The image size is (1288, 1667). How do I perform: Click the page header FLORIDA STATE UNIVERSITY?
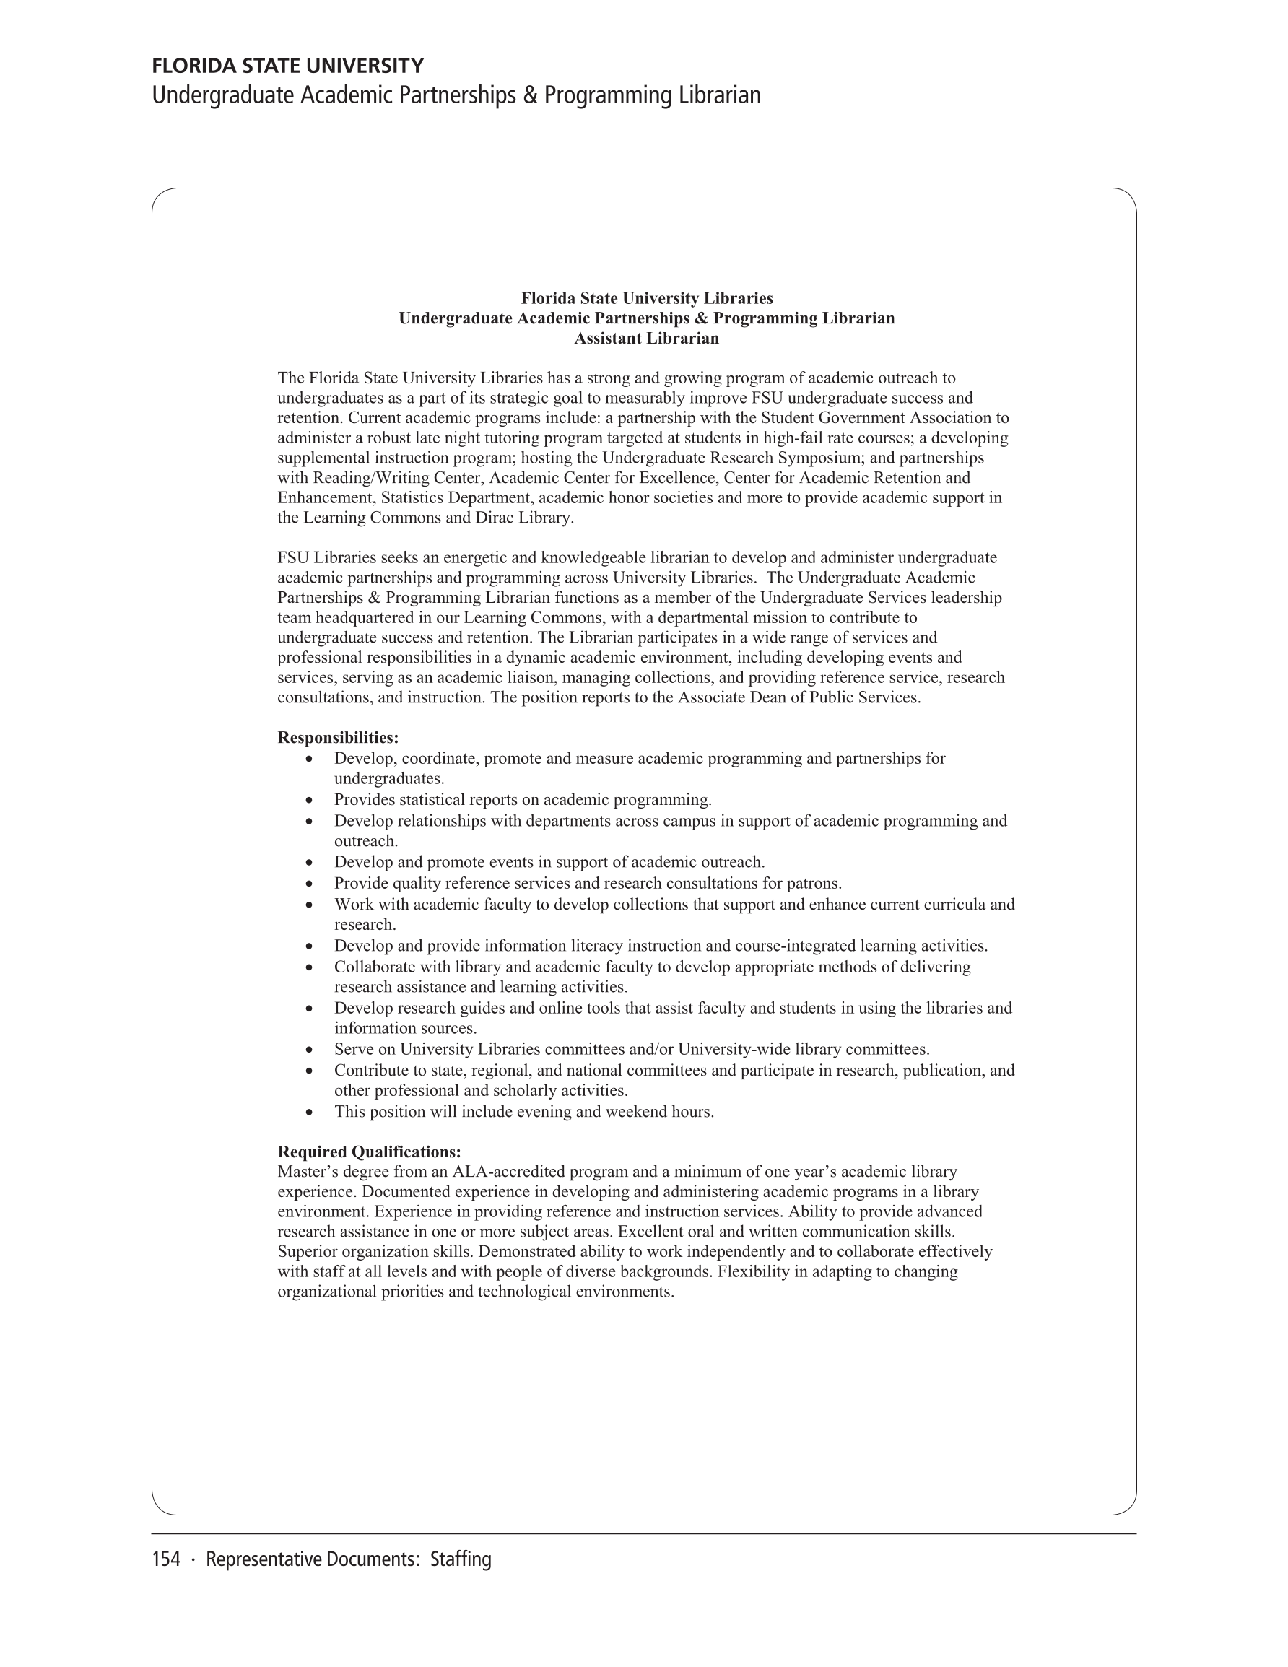[x=288, y=66]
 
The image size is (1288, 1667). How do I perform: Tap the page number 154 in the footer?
[x=165, y=1559]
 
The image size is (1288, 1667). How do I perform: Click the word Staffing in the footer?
[x=461, y=1559]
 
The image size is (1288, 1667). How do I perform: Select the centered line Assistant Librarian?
[x=646, y=338]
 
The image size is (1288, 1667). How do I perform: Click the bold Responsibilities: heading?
[x=337, y=737]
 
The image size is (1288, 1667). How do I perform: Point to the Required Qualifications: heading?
[x=369, y=1151]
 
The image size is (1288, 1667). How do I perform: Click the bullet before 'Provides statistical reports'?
[x=308, y=801]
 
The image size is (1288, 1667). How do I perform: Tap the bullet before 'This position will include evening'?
[x=308, y=1112]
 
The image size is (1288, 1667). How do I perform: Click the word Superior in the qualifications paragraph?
[x=306, y=1252]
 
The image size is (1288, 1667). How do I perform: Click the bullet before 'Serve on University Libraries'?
[x=308, y=1050]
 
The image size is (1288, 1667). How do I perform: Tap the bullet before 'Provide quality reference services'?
[x=308, y=884]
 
